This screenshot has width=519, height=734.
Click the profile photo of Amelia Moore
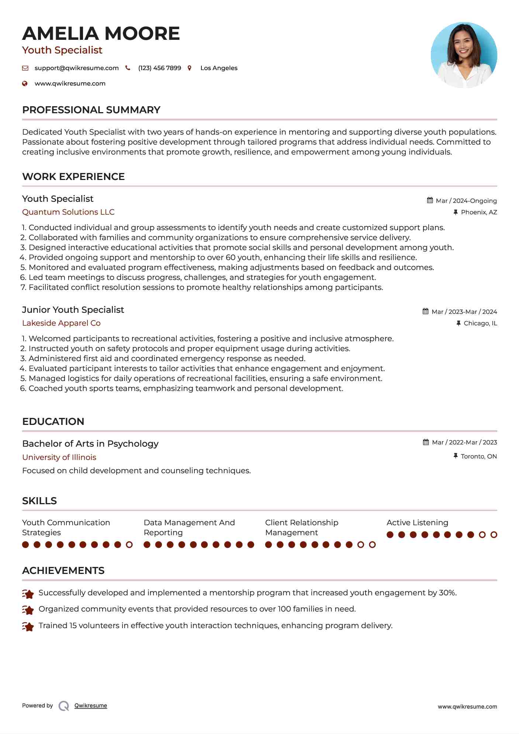coord(464,55)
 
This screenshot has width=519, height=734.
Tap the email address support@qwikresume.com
coord(76,68)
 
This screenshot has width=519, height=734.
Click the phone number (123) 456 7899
coord(159,68)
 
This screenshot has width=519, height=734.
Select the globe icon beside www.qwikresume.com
coord(25,84)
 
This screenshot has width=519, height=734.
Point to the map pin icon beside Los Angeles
coord(190,68)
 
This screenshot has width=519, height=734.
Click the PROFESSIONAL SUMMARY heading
coord(91,110)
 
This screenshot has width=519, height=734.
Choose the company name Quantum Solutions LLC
coord(68,212)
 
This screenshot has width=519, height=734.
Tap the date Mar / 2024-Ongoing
coord(466,201)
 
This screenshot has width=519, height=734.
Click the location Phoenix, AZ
coord(479,212)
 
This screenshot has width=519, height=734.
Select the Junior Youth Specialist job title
coord(73,310)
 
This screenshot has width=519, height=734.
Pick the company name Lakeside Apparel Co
coord(61,323)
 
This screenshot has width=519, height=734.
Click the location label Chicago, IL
coord(480,323)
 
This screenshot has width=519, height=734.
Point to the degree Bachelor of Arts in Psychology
coord(90,444)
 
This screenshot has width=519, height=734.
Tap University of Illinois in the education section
coord(59,457)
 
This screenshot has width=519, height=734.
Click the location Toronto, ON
coord(478,456)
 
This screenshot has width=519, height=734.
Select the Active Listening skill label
coord(417,523)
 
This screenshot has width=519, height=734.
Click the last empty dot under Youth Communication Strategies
coord(129,544)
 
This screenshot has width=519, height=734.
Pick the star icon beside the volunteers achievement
coord(28,626)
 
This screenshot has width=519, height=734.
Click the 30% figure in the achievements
coord(447,593)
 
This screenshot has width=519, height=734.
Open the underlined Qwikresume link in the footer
coord(91,706)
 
